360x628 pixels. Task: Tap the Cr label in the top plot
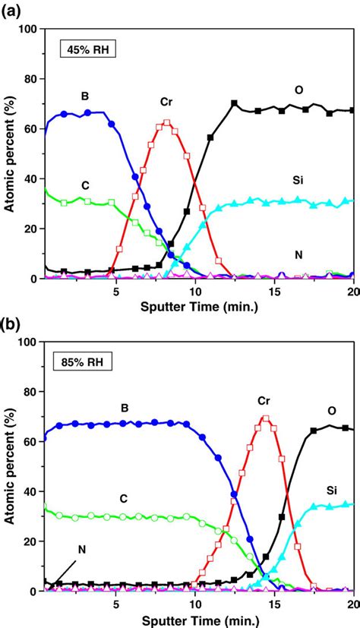(166, 101)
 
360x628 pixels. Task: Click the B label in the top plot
(84, 96)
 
